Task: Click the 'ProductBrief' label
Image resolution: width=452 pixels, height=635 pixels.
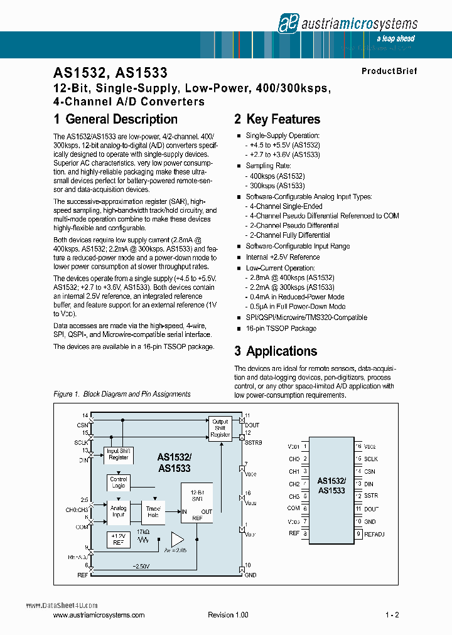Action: pyautogui.click(x=389, y=72)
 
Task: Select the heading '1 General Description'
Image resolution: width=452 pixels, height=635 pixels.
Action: pyautogui.click(x=116, y=119)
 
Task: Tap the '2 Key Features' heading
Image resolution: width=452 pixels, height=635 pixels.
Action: pyautogui.click(x=277, y=119)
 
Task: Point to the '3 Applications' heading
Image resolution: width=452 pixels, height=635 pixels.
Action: pyautogui.click(x=276, y=351)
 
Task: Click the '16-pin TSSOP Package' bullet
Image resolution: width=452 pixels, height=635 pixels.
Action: pyautogui.click(x=281, y=328)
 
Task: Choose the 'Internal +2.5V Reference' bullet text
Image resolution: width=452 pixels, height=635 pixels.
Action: pyautogui.click(x=282, y=257)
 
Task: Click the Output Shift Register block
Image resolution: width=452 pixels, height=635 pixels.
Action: pyautogui.click(x=220, y=428)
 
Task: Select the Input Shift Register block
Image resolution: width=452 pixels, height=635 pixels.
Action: pyautogui.click(x=119, y=454)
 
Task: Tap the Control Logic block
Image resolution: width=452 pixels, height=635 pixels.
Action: pyautogui.click(x=119, y=483)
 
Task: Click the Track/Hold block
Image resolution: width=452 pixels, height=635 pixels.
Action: pyautogui.click(x=153, y=511)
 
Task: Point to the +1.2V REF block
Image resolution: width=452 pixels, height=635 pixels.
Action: pyautogui.click(x=119, y=539)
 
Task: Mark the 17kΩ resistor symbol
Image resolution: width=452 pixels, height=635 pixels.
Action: pyautogui.click(x=146, y=539)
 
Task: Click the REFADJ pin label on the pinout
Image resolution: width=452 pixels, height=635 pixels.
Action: pyautogui.click(x=375, y=534)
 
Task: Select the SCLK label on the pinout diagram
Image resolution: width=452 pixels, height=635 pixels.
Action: pyautogui.click(x=371, y=459)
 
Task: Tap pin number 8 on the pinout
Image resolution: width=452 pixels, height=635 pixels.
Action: pyautogui.click(x=305, y=534)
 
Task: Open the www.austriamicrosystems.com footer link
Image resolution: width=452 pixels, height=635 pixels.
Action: pyautogui.click(x=99, y=616)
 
